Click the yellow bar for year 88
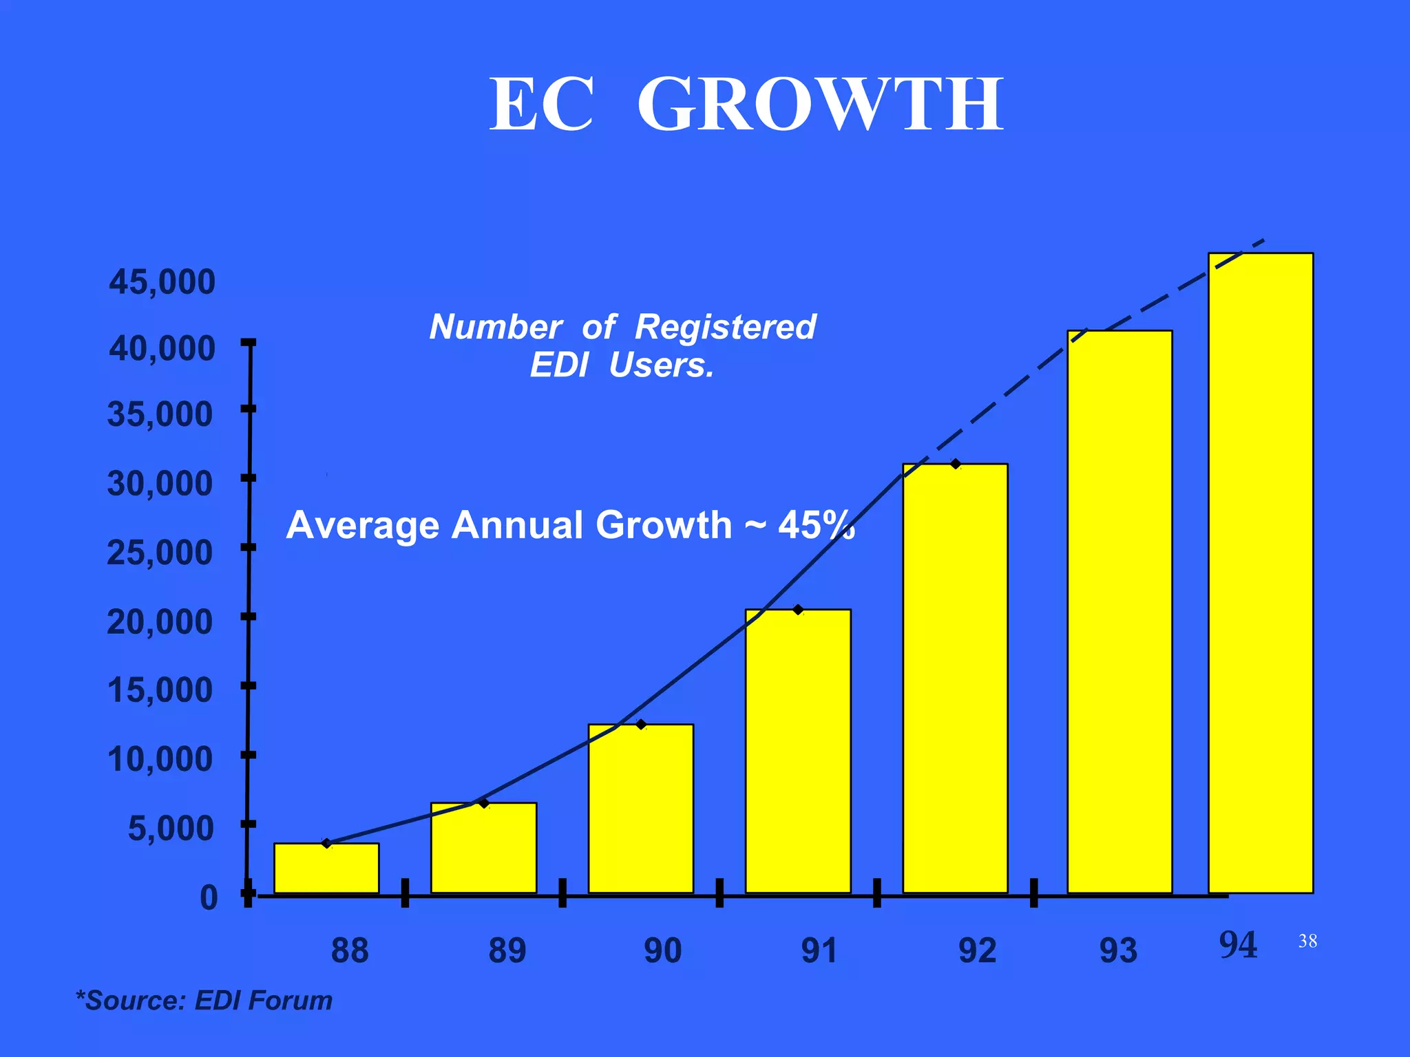point(326,868)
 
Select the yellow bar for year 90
point(640,809)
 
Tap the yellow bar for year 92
point(955,678)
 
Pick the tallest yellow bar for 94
point(1261,573)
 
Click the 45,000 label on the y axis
point(162,282)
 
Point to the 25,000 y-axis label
point(160,553)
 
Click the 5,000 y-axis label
point(171,829)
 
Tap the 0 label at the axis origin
point(209,898)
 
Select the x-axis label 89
point(507,951)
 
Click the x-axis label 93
point(1118,951)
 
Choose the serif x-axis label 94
point(1238,945)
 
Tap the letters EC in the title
point(540,105)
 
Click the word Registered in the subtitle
point(725,326)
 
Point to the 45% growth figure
point(816,525)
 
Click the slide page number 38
point(1307,941)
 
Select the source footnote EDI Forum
point(263,1001)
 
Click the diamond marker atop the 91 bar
point(798,610)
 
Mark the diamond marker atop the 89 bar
point(484,803)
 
